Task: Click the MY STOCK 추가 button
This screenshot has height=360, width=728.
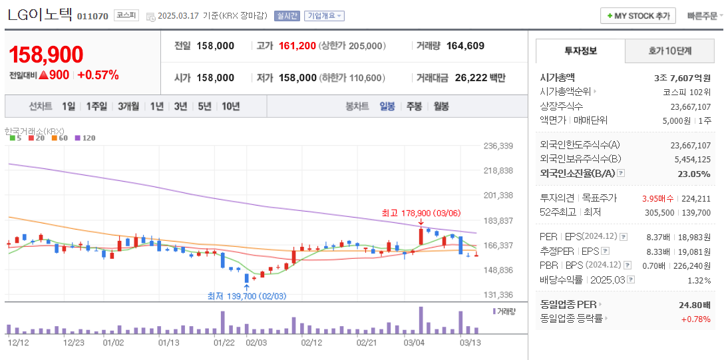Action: tap(637, 16)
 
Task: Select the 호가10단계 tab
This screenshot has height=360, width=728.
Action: tap(669, 51)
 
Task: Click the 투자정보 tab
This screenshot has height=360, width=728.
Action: tap(580, 51)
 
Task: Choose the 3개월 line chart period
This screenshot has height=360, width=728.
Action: tap(128, 106)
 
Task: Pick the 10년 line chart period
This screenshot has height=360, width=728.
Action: tap(231, 106)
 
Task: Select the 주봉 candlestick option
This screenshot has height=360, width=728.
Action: tap(414, 106)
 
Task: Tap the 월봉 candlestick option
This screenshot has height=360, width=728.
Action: tap(441, 106)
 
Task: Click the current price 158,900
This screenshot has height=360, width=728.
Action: tap(46, 55)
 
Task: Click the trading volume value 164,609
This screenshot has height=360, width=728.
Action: tap(465, 46)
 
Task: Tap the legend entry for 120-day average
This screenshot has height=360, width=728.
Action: tap(86, 138)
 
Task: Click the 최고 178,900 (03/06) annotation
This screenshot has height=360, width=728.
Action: tap(421, 214)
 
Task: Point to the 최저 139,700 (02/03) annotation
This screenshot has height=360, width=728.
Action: tap(246, 296)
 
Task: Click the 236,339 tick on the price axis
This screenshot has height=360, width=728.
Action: tap(498, 146)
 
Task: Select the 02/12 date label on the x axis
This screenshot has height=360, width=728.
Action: tap(311, 343)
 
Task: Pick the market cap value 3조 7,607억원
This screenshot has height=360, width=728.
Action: tap(682, 77)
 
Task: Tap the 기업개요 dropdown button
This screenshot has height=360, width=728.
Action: tap(324, 16)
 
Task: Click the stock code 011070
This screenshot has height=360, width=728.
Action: tap(92, 16)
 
